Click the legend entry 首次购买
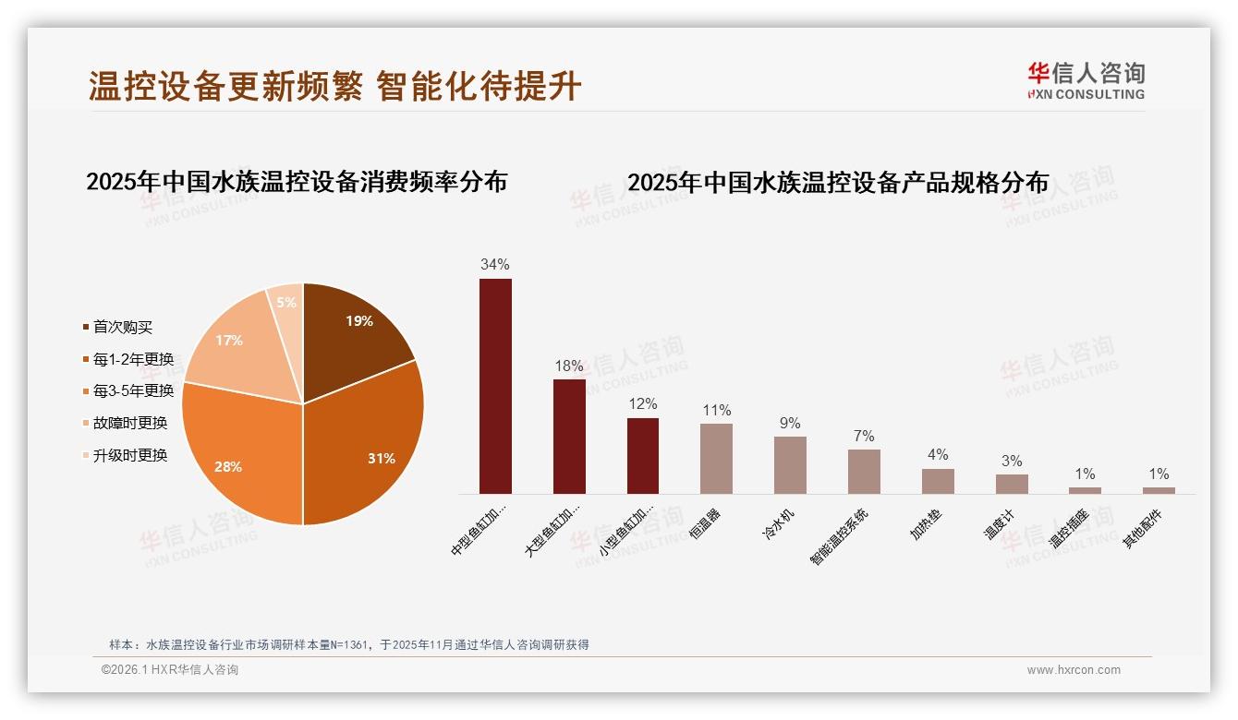click(x=122, y=327)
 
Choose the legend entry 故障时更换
click(x=129, y=423)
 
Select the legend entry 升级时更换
click(x=129, y=455)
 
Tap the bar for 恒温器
click(x=716, y=458)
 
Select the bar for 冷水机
click(x=790, y=464)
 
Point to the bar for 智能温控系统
click(x=864, y=471)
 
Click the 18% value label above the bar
click(x=569, y=366)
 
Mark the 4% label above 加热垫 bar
click(x=938, y=455)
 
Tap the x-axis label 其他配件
click(x=1144, y=528)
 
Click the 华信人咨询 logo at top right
click(x=1086, y=81)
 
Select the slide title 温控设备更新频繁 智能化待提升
click(x=334, y=86)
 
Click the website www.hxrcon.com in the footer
click(x=1074, y=670)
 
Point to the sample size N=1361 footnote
click(x=348, y=645)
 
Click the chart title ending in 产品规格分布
click(x=838, y=183)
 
